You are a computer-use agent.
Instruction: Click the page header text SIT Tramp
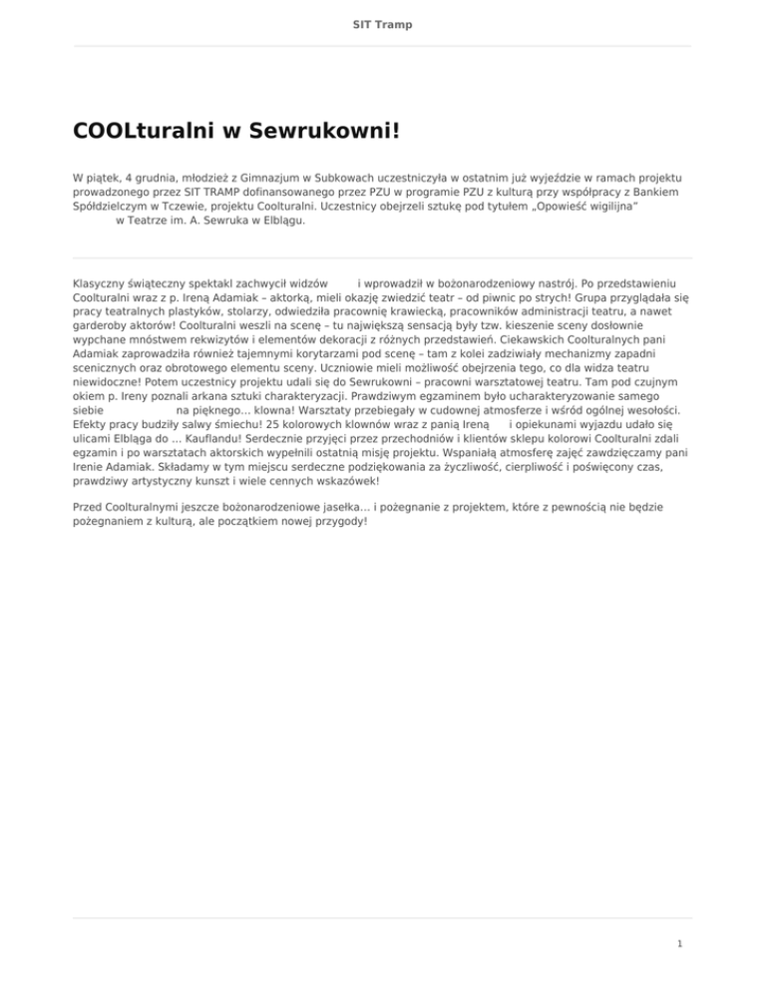[x=383, y=23]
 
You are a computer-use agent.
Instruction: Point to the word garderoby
[x=103, y=325]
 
